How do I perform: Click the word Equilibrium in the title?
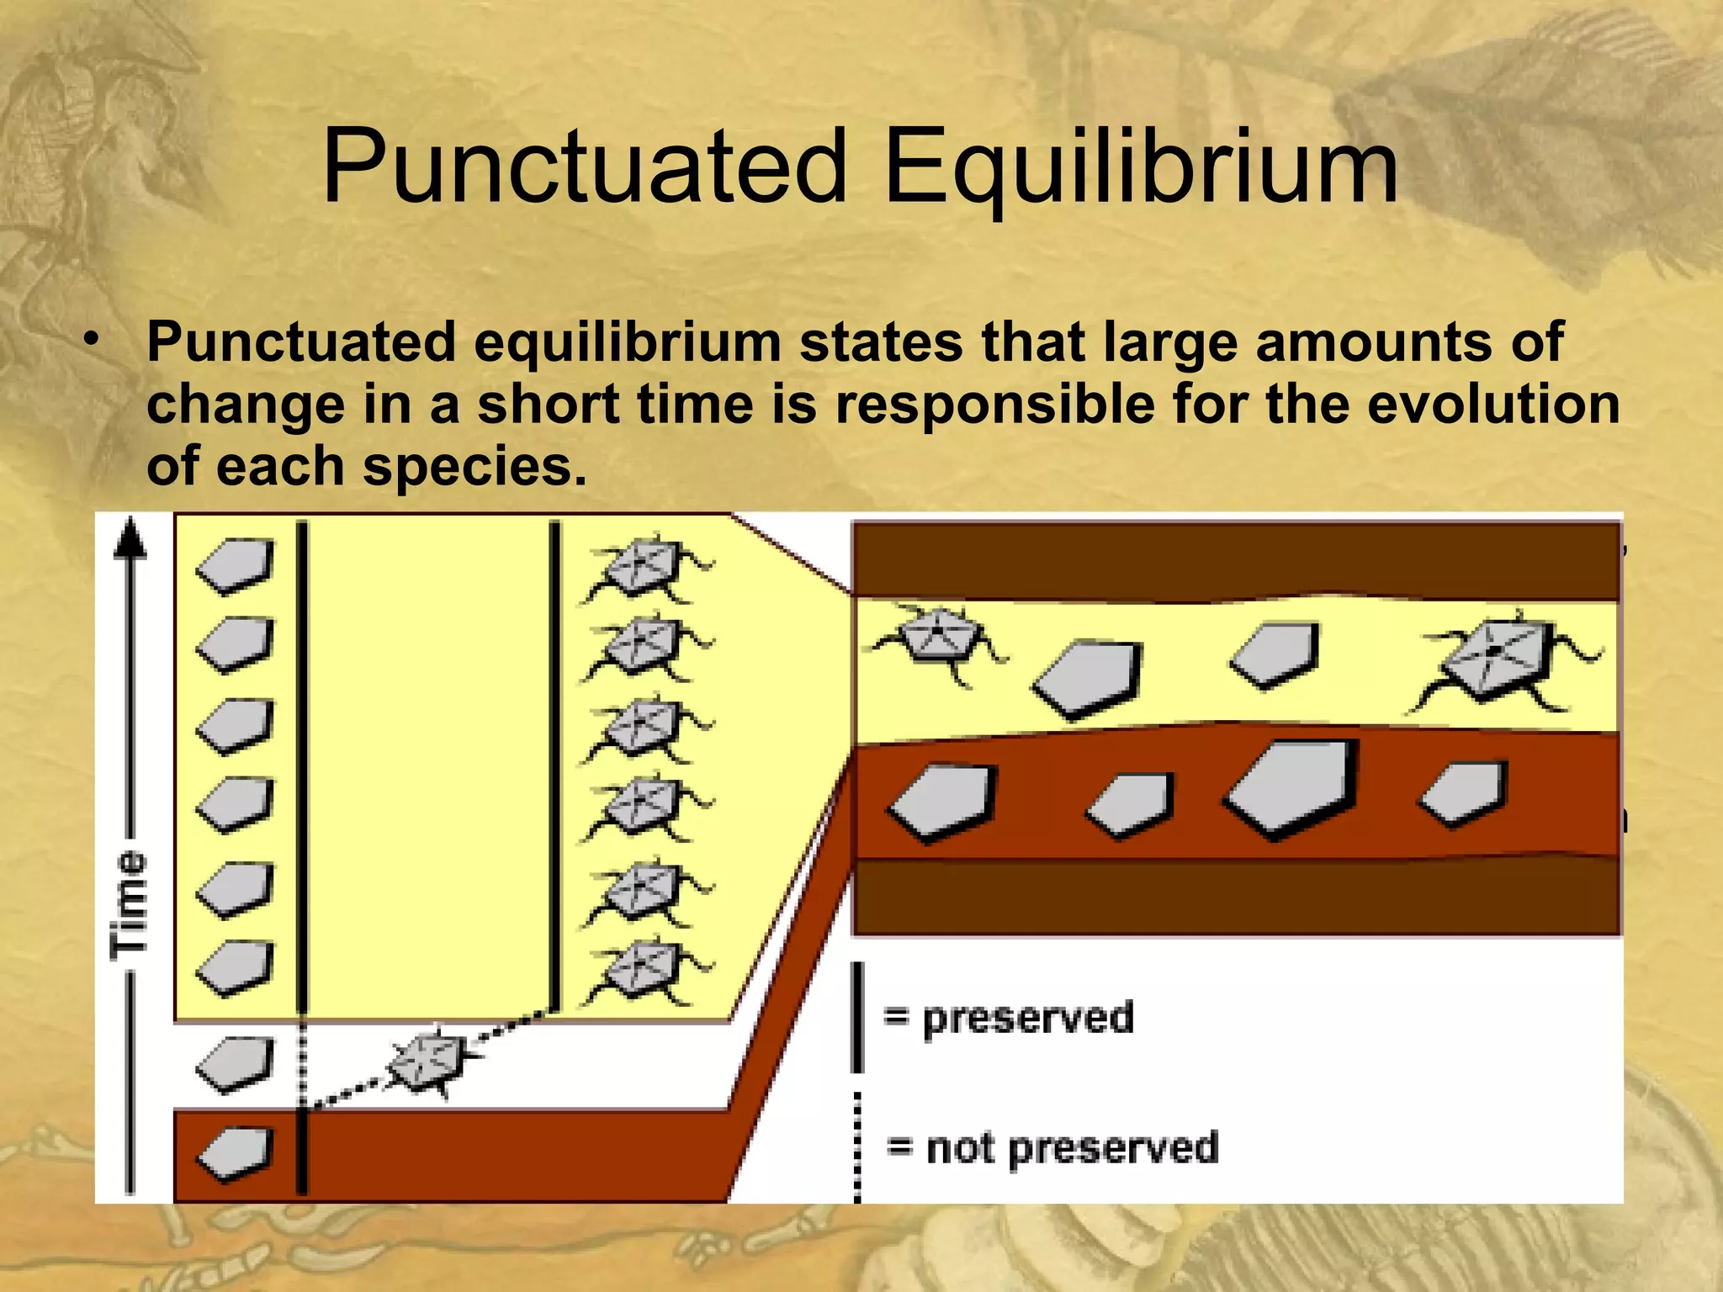[x=1140, y=168]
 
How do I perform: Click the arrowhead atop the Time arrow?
[x=130, y=538]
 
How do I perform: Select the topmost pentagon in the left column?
[x=236, y=565]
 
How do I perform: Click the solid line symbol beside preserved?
[x=857, y=1018]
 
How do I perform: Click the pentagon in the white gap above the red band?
[x=236, y=1064]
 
